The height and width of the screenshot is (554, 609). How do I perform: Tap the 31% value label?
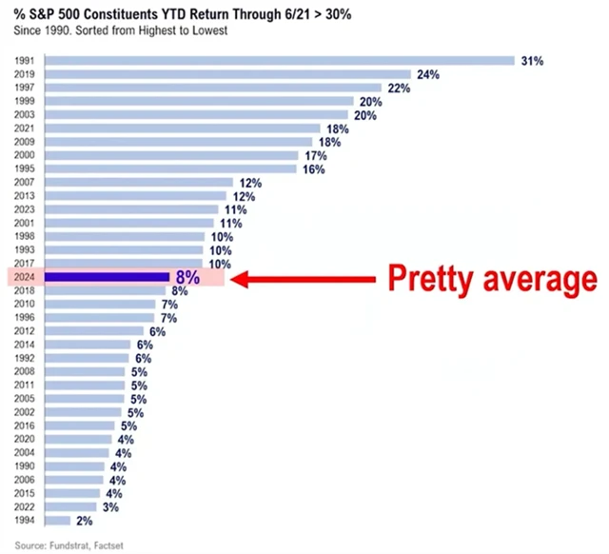[531, 61]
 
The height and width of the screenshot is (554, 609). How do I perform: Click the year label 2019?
[26, 74]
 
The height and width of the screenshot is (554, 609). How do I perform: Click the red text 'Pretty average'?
[490, 278]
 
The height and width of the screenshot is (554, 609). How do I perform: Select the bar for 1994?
[58, 521]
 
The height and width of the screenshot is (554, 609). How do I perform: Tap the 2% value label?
[85, 521]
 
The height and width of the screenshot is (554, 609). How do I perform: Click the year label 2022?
[26, 507]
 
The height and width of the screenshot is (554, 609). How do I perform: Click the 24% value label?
[425, 74]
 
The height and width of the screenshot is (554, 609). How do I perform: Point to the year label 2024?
[26, 277]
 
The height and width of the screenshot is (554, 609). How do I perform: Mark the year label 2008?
[26, 372]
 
